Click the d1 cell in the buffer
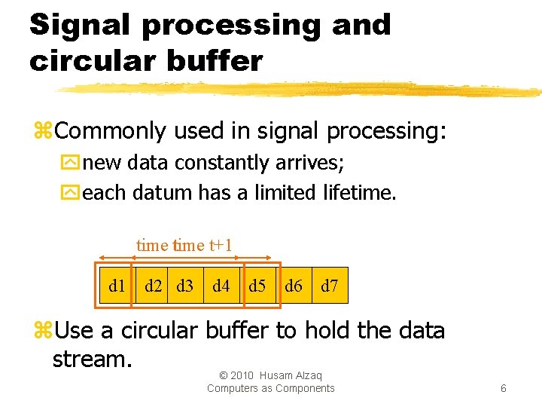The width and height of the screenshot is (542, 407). [x=117, y=286]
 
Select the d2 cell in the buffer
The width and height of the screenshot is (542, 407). [x=154, y=286]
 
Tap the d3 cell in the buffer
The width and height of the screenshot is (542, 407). [x=185, y=286]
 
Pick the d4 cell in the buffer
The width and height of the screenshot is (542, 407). [x=221, y=286]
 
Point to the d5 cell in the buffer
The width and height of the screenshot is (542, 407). [x=257, y=286]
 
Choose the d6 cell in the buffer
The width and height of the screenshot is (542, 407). [x=294, y=286]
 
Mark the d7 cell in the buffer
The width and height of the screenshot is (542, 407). [x=330, y=286]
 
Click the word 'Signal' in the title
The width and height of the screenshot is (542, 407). [x=81, y=26]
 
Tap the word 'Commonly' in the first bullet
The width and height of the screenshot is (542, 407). [x=110, y=131]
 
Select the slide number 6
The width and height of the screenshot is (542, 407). [x=503, y=388]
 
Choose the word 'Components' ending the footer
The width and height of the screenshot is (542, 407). [x=304, y=388]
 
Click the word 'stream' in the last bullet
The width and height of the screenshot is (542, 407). [x=90, y=359]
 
